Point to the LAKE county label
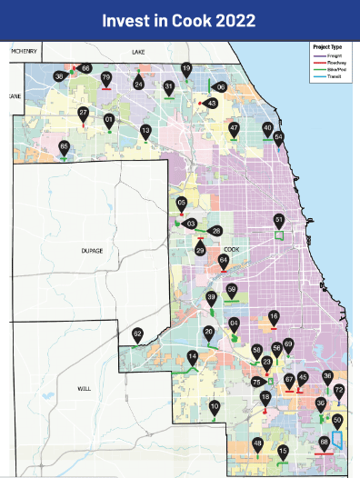pos(138,53)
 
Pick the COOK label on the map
pos(229,248)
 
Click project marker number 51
pos(279,221)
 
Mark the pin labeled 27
pos(83,114)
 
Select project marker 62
pos(137,335)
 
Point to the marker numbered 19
pos(186,70)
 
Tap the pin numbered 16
pos(273,317)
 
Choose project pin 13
pos(145,132)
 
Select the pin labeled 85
pos(64,147)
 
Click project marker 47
pos(234,129)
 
